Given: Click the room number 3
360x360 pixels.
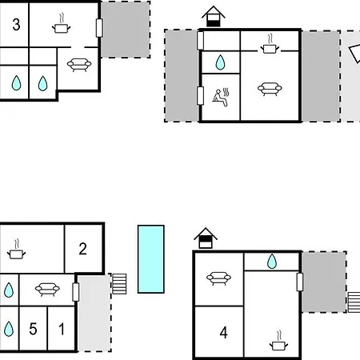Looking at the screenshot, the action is [x=16, y=25].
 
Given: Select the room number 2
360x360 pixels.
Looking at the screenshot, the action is [x=82, y=249].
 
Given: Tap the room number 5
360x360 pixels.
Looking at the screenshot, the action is [x=33, y=329].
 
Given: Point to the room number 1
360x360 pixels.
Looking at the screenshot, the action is [x=62, y=329].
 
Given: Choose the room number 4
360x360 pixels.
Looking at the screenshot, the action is [x=223, y=333].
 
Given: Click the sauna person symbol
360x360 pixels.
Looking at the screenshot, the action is [x=221, y=98].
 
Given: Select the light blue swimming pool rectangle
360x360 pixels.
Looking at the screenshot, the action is [x=151, y=259].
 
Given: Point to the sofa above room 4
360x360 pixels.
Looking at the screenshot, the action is [x=218, y=278].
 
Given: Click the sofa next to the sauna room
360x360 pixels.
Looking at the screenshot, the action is [x=270, y=89].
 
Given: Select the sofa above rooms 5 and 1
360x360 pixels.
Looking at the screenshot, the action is [x=47, y=290].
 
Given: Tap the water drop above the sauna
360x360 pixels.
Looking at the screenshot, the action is [x=220, y=62].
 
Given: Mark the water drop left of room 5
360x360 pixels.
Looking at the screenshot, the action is [x=9, y=329].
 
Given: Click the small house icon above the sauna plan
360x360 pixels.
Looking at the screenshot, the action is [x=214, y=16].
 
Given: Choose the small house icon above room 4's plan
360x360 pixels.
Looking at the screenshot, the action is [x=206, y=238].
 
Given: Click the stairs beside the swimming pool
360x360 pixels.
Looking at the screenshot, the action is [x=119, y=284].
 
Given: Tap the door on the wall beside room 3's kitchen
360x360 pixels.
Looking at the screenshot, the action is [x=99, y=28].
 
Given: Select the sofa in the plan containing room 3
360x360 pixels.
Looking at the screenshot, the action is [x=79, y=65].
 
